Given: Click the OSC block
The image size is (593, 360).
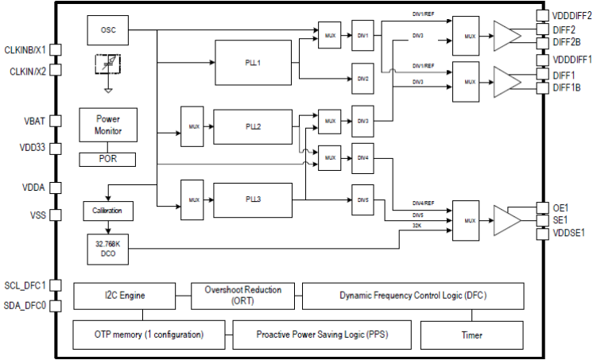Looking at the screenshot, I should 107,30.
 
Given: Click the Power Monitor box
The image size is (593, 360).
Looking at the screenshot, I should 107,124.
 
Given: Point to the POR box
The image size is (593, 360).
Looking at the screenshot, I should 107,159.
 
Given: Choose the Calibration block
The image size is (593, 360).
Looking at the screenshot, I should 107,211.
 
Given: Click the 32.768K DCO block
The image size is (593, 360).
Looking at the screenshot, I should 107,249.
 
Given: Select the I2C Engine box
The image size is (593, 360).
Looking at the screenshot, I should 132,296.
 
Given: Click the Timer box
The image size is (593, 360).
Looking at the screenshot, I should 471,335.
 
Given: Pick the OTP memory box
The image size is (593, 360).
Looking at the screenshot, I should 152,335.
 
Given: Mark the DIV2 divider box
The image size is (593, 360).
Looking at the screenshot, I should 362,79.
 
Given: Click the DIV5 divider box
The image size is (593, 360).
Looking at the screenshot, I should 362,199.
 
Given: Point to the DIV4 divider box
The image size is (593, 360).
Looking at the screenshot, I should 362,158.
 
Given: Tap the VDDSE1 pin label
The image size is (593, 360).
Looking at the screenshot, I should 568,233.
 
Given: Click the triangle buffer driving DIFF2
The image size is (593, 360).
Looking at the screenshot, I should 506,36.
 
